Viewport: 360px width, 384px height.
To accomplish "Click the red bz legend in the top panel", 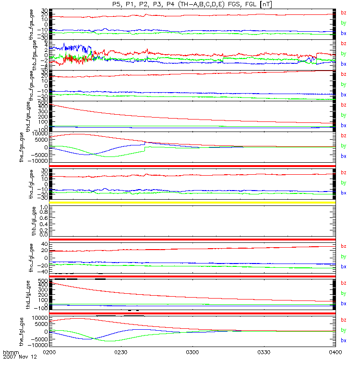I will pyautogui.click(x=343, y=12).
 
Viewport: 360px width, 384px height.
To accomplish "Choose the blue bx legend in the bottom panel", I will pyautogui.click(x=343, y=340).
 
